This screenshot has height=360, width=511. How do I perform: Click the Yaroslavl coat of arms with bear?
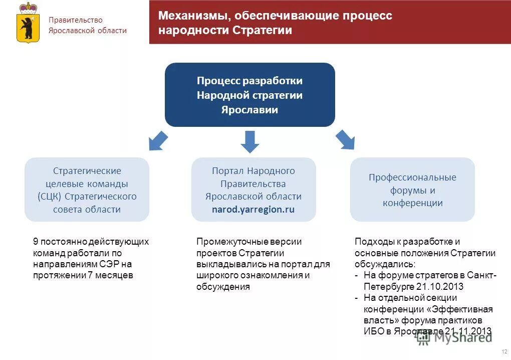click(28, 23)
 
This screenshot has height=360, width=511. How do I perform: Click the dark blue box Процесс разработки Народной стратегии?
click(249, 95)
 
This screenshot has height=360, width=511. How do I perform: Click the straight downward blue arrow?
click(249, 141)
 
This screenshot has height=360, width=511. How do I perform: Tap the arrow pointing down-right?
click(345, 139)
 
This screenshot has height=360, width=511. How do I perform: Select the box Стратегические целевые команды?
click(87, 190)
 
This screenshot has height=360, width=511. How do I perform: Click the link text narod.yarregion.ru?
click(253, 210)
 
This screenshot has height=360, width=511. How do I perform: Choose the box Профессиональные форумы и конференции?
click(412, 190)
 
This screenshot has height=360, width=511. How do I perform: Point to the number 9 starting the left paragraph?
click(36, 242)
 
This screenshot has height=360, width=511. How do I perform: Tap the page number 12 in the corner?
click(503, 351)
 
